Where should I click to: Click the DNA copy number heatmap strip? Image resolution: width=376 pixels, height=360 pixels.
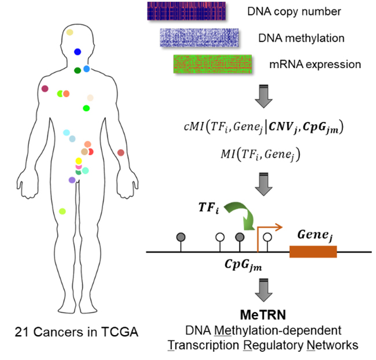pyautogui.click(x=182, y=11)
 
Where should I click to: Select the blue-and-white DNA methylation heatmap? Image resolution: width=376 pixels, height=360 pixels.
pyautogui.click(x=199, y=38)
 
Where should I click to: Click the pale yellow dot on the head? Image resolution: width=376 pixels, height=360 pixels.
pyautogui.click(x=69, y=32)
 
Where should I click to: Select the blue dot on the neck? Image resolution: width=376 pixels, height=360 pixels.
pyautogui.click(x=77, y=52)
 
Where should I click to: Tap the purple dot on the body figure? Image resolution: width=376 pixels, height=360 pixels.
pyautogui.click(x=72, y=180)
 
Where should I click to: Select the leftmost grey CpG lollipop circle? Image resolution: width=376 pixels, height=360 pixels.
pyautogui.click(x=180, y=237)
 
